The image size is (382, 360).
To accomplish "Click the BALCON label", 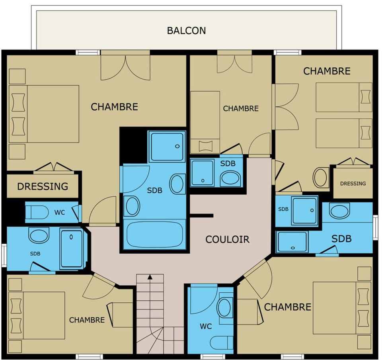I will (x=187, y=30).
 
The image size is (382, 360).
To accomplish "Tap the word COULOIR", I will (x=227, y=239).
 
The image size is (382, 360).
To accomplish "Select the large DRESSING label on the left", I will (x=43, y=186).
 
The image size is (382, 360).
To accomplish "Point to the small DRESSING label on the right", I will (x=353, y=184).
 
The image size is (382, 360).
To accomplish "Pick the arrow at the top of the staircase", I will (x=150, y=277).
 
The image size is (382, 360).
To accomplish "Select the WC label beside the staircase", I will (x=206, y=327).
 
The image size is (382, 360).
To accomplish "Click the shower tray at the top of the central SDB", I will (x=167, y=147).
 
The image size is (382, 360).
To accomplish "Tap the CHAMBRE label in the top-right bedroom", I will (x=327, y=71).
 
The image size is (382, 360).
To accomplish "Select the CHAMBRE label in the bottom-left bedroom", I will (x=87, y=320).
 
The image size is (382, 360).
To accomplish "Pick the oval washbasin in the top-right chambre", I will (x=320, y=177).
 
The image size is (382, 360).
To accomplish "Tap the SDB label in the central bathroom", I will (x=154, y=190).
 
